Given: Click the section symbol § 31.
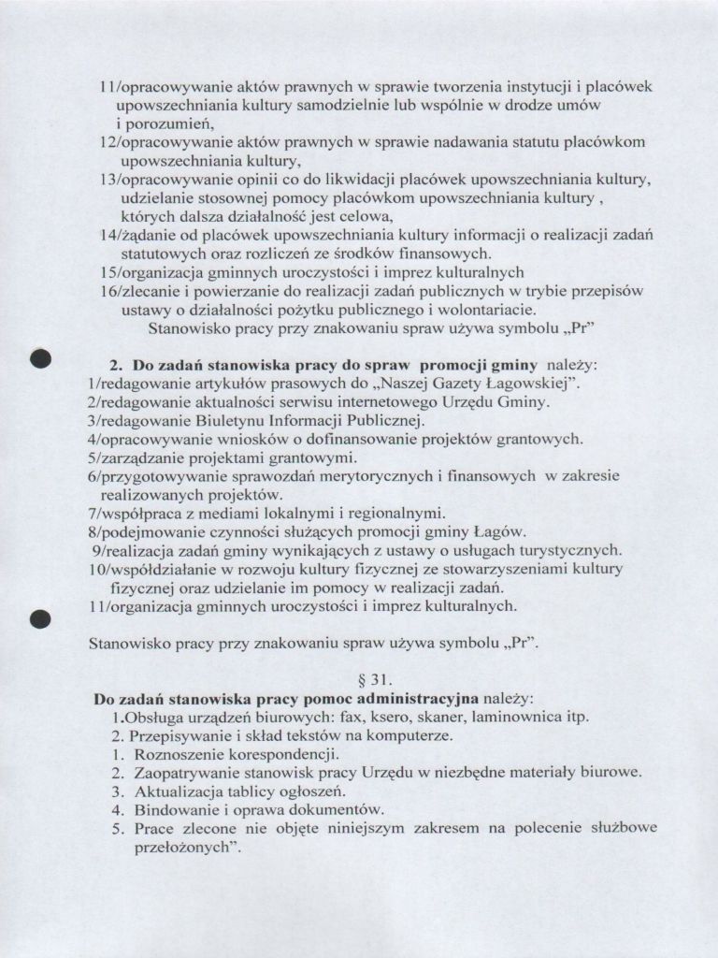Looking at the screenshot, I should coord(359,681).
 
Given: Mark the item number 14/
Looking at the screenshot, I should coord(109,235).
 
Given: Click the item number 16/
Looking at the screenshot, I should coord(109,291).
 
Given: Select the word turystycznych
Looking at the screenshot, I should coord(569,549).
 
